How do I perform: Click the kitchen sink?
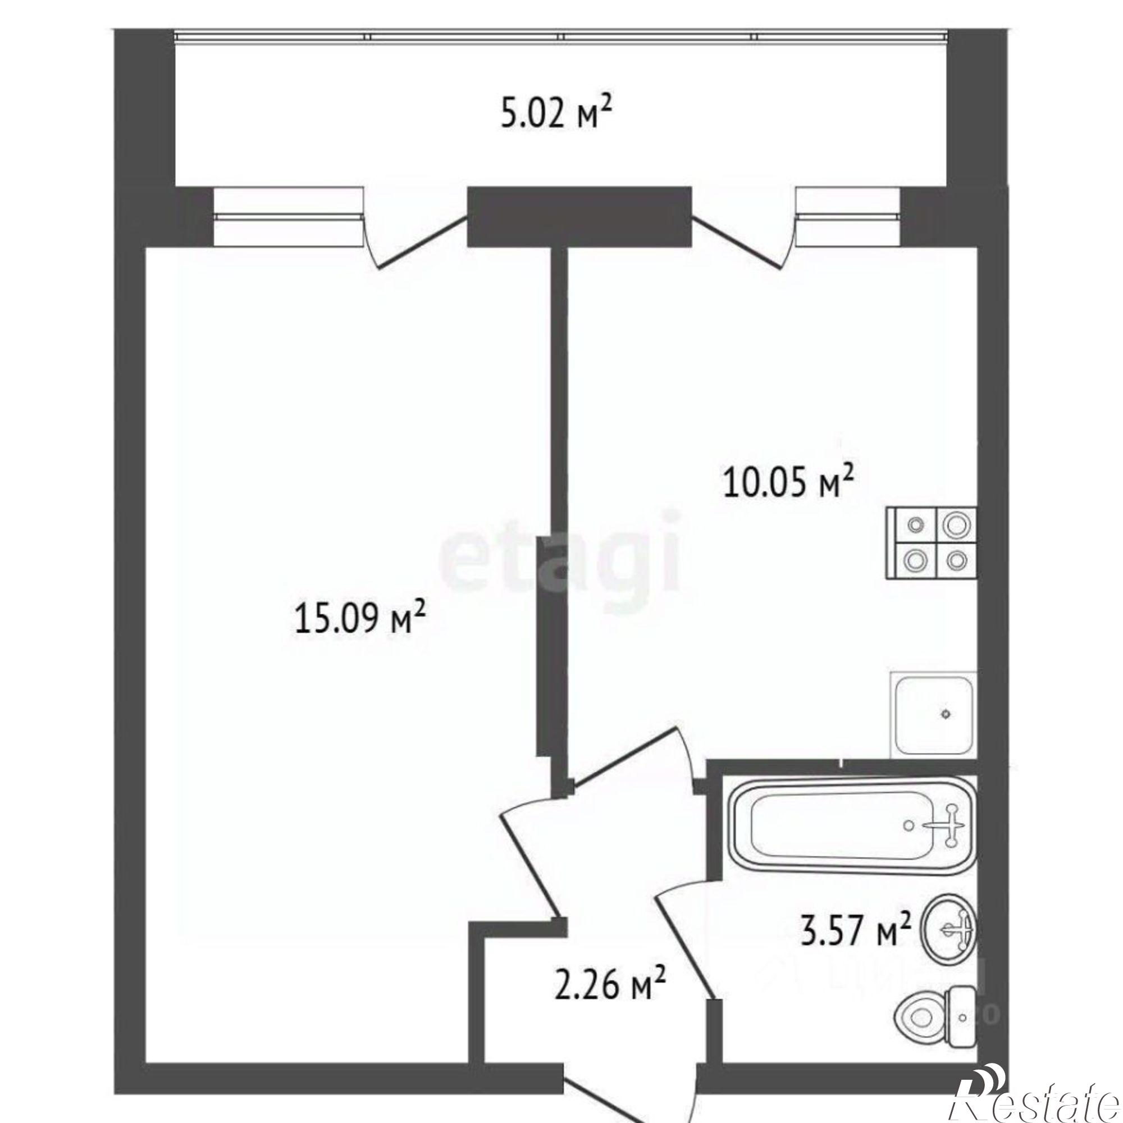click(x=932, y=714)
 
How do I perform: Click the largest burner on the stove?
click(x=956, y=525)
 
